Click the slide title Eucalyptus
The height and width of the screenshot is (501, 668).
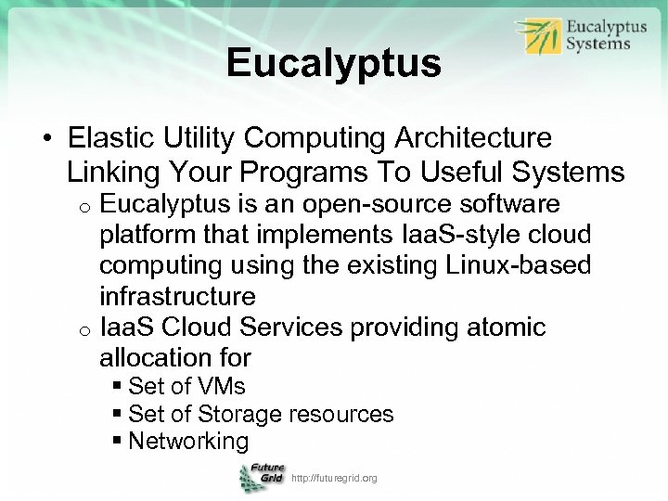click(333, 64)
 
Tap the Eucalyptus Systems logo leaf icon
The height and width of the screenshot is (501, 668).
click(538, 37)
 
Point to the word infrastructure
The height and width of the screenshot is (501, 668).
click(177, 297)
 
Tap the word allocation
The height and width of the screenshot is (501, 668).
click(154, 357)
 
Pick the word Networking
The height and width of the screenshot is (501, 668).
click(188, 442)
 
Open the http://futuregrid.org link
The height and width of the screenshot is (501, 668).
click(334, 478)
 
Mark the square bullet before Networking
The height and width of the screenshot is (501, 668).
click(118, 442)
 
